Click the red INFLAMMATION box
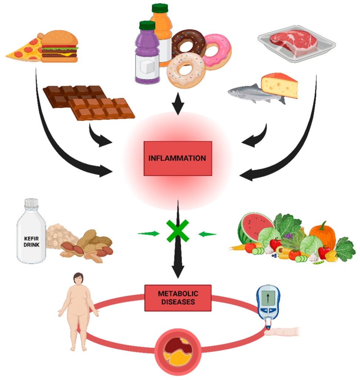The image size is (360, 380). click(x=178, y=158)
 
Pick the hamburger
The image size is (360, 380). click(x=59, y=46)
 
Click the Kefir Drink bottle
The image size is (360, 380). click(x=31, y=234)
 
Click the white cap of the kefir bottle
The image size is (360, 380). click(x=31, y=203)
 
